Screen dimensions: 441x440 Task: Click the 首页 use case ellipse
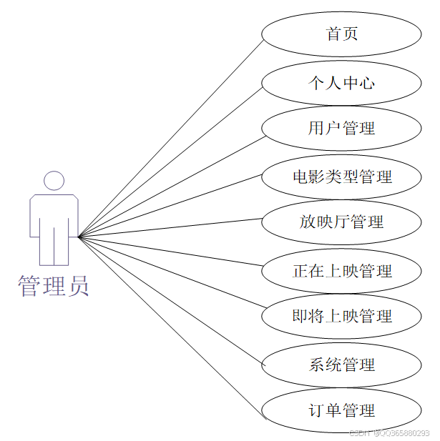coord(341,34)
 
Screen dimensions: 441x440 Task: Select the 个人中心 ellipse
coord(341,82)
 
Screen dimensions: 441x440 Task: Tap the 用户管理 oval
coord(341,129)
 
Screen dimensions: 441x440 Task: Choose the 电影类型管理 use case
coord(341,175)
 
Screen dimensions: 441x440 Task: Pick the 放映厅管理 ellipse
coord(341,222)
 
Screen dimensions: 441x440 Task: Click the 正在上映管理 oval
coord(341,271)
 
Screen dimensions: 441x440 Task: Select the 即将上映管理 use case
coord(341,316)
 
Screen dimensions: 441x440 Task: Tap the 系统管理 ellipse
coord(341,365)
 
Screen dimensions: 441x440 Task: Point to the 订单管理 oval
coord(341,410)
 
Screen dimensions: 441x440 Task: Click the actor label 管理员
coord(54,285)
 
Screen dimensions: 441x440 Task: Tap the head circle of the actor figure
coord(54,180)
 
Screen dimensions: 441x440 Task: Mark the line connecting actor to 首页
coord(172,137)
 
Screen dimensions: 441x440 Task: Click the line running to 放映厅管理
coord(172,227)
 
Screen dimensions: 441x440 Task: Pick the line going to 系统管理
coord(172,301)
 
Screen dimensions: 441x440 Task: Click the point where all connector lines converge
coord(79,237)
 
